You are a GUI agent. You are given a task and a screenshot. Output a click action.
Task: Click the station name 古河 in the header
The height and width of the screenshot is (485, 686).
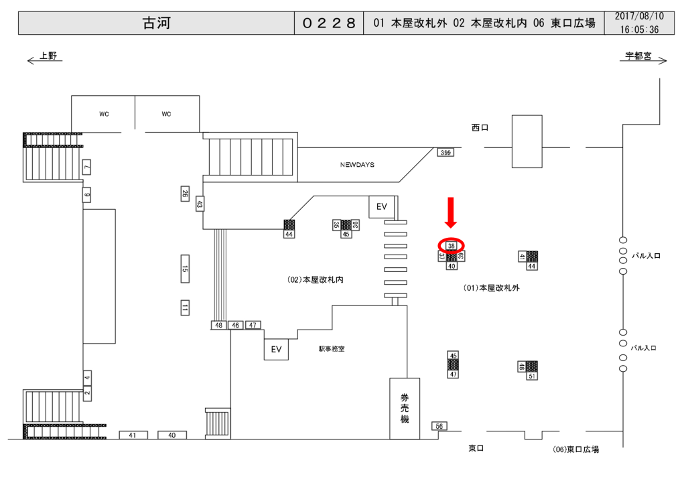pyautogui.click(x=157, y=23)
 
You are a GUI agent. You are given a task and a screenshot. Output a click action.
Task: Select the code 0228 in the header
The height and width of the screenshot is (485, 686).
pyautogui.click(x=328, y=23)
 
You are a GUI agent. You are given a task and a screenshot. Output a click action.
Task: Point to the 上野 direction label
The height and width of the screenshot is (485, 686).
pyautogui.click(x=48, y=56)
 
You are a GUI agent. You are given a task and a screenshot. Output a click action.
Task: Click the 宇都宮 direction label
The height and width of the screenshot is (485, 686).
pyautogui.click(x=638, y=56)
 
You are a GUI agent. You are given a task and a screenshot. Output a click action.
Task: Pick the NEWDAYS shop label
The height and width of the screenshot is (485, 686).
pyautogui.click(x=357, y=164)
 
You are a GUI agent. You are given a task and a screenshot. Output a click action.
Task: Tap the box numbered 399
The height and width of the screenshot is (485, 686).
pyautogui.click(x=445, y=153)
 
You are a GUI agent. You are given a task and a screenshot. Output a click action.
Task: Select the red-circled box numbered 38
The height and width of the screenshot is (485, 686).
pyautogui.click(x=451, y=246)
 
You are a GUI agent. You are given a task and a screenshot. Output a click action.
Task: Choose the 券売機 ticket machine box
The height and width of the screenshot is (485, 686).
pyautogui.click(x=405, y=408)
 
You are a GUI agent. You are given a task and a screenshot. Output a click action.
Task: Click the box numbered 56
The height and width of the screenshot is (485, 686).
pyautogui.click(x=439, y=426)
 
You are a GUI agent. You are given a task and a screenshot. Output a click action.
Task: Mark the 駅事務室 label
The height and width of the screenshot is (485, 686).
pyautogui.click(x=332, y=349)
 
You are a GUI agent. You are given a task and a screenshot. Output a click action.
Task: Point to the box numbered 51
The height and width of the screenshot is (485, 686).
pyautogui.click(x=532, y=376)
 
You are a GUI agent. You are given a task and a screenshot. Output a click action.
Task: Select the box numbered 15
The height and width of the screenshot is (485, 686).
pyautogui.click(x=185, y=270)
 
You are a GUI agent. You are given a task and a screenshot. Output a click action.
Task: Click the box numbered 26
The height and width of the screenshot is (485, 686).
pyautogui.click(x=185, y=194)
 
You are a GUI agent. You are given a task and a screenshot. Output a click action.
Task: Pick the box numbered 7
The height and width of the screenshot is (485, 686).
pyautogui.click(x=86, y=167)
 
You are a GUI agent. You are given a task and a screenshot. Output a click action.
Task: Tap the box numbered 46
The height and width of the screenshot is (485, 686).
pyautogui.click(x=235, y=325)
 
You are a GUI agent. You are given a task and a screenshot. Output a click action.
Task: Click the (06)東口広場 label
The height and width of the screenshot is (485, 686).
pyautogui.click(x=576, y=449)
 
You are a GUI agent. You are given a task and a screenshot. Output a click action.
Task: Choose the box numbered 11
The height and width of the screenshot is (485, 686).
pyautogui.click(x=185, y=308)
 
